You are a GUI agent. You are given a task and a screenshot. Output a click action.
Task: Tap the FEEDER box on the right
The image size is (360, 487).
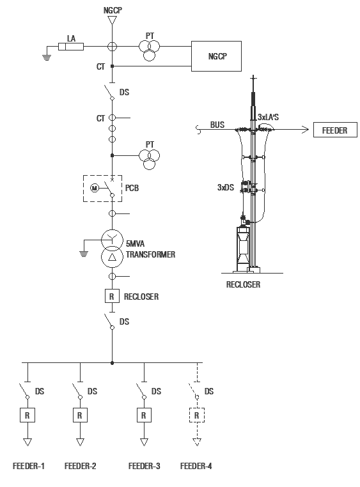334,130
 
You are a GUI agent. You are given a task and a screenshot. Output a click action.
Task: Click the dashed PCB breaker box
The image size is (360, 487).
102,188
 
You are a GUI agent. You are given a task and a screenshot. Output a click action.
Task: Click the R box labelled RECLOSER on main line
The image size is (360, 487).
112,297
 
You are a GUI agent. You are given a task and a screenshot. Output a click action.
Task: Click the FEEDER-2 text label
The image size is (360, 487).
81,466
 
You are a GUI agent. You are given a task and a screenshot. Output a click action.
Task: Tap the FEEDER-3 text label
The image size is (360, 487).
144,466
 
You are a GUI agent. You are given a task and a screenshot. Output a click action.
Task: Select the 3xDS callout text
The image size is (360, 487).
226,188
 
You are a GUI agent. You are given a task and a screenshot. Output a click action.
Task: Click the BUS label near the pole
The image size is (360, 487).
217,125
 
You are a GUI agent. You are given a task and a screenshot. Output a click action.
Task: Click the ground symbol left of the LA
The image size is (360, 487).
47,56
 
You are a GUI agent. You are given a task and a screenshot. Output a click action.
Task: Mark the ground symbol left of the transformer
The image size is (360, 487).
82,252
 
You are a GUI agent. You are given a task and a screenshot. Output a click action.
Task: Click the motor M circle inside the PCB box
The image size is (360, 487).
94,188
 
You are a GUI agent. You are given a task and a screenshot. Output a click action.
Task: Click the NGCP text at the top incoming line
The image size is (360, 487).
112,11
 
